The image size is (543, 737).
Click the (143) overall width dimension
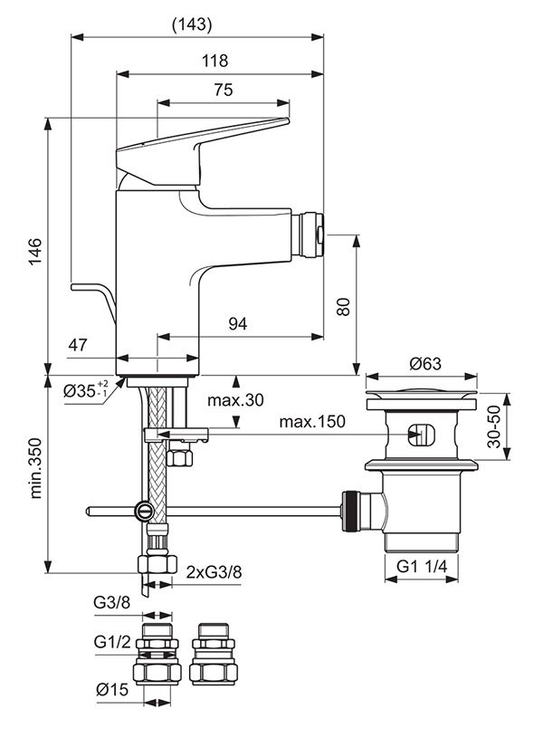pos(192,24)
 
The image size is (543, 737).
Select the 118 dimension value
pos(214,61)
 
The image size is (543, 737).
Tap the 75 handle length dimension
pos(224,90)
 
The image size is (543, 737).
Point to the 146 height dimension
pos(36,252)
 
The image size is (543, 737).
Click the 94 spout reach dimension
pos(238,324)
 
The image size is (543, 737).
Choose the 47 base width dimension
pos(78,345)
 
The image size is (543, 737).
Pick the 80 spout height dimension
pos(344,307)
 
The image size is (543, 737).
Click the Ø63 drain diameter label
pos(425,363)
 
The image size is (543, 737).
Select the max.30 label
pos(235,400)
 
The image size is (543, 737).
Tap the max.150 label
pos(312,422)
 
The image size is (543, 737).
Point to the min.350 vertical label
pos(36,468)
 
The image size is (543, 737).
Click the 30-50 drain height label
pos(494,426)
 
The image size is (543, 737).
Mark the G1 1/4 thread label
pos(422,566)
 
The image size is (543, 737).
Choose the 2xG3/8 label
pos(214,572)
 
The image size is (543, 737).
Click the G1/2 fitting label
pos(112,642)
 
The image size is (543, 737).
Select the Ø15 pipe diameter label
pos(112,690)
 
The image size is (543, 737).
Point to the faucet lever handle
pos(202,150)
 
